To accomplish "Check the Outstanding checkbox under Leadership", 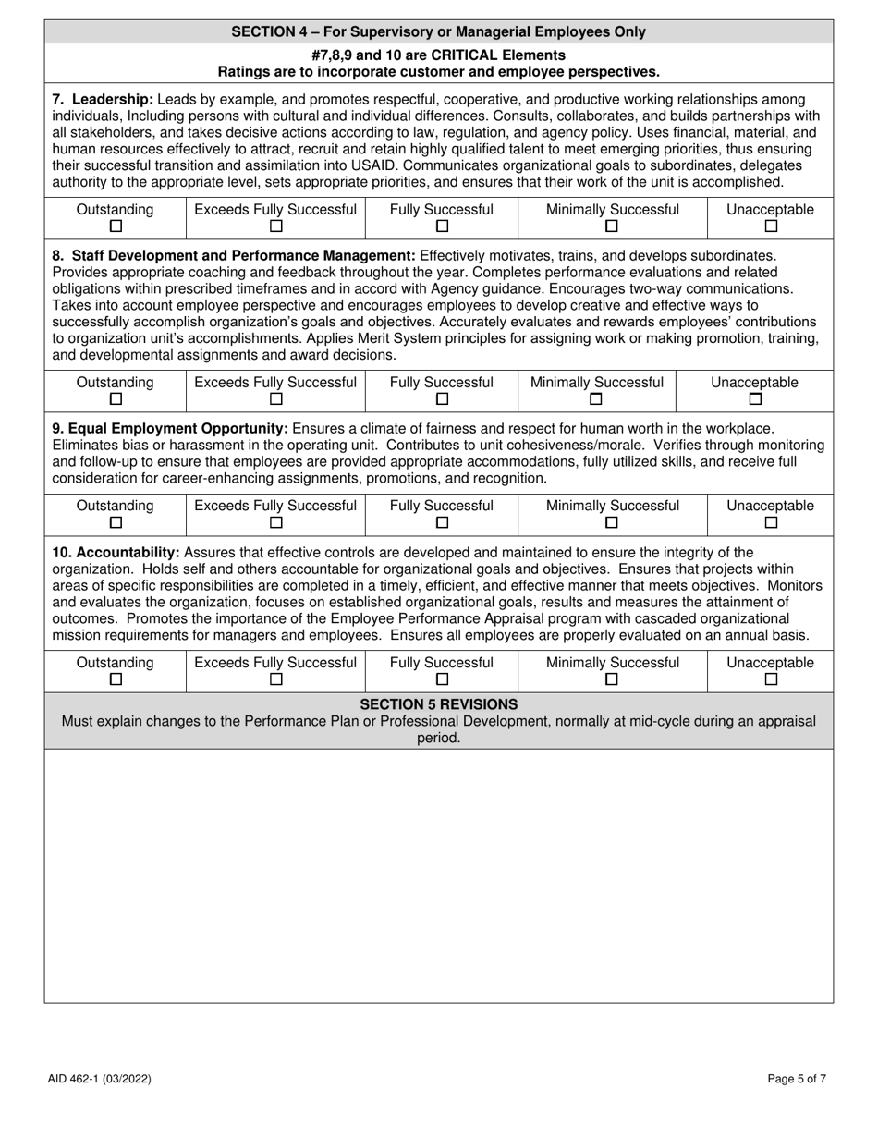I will pos(116,226).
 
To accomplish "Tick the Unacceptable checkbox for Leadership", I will pos(771,226).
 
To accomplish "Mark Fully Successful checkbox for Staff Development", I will pos(442,399).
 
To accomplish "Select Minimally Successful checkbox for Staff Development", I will pos(596,399).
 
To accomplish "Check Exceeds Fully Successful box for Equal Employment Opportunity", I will pos(275,522).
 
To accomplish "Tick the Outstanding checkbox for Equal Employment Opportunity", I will pos(116,522).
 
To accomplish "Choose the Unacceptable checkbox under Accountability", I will pos(771,679).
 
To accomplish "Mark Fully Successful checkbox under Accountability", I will pos(442,679).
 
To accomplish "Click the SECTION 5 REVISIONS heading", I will pos(438,704).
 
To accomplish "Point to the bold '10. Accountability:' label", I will pos(116,553).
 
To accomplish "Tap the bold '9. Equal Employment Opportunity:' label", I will pos(170,429).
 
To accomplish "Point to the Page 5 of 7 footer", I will pos(797,1079).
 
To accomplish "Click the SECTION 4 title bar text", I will pos(438,31).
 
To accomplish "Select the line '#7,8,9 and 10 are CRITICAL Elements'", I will pos(438,55).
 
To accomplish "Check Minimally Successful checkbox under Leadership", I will pos(612,226).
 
